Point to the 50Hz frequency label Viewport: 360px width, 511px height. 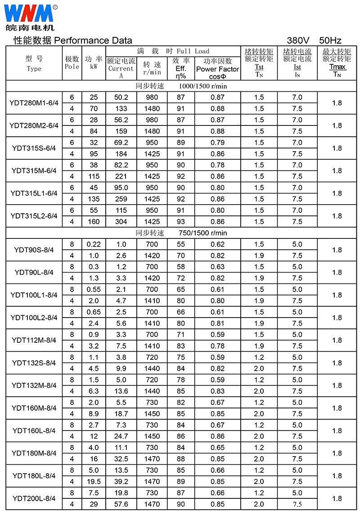pos(330,40)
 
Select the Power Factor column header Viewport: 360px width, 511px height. pos(218,69)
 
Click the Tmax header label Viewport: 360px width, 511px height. pos(337,67)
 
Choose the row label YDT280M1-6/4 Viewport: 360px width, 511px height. pos(34,103)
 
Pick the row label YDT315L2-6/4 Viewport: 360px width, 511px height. pos(34,216)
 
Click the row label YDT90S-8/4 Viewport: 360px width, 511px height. pos(34,250)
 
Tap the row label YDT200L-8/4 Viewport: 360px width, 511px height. pos(34,498)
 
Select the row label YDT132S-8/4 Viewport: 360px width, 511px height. pos(34,363)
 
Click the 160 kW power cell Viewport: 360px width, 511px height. pos(94,222)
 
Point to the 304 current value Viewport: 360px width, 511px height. pos(121,222)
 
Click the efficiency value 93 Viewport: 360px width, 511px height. pos(181,222)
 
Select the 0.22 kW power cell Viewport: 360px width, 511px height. pos(94,244)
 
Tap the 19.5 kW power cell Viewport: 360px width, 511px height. pos(94,481)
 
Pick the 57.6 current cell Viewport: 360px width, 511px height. pos(121,504)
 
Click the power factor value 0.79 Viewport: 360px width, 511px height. pos(218,143)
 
